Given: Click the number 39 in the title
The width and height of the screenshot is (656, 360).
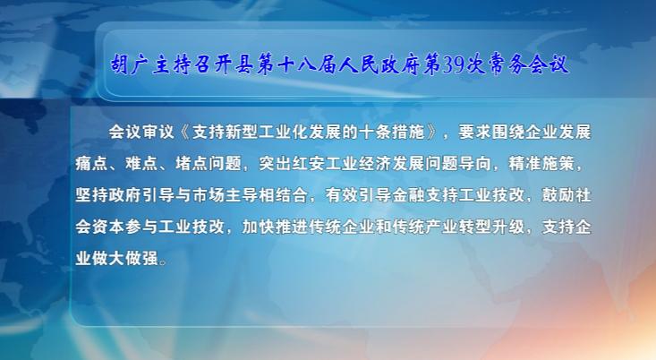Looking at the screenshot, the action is (x=454, y=65).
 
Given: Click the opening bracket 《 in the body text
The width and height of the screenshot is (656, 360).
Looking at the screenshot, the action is (x=184, y=133).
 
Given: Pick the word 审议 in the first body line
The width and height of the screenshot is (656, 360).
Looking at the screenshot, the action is (x=158, y=133).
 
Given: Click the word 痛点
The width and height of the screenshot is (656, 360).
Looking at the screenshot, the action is (x=91, y=164).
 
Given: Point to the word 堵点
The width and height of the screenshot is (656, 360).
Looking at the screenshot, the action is (x=192, y=164).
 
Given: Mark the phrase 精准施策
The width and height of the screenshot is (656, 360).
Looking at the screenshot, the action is (x=541, y=164).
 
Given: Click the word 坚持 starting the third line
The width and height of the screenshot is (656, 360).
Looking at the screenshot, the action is (x=91, y=195).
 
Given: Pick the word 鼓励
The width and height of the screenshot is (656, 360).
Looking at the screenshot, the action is (x=558, y=195).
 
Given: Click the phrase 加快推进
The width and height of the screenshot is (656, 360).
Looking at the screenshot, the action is (x=275, y=227).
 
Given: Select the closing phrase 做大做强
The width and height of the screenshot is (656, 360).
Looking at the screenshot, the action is (x=125, y=259).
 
